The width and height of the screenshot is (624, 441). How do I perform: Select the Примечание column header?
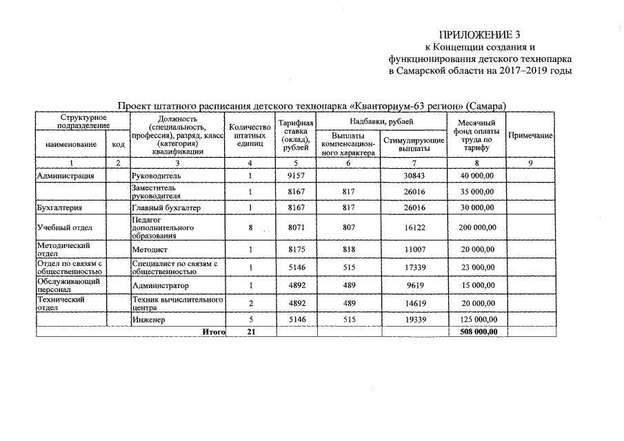(530, 136)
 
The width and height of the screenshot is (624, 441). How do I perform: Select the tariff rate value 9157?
(295, 176)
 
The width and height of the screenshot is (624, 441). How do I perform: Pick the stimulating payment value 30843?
(414, 176)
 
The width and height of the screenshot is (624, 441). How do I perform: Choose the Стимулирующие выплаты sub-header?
(414, 144)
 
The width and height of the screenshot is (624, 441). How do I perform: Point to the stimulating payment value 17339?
(414, 267)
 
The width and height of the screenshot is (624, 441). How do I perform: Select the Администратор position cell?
(159, 285)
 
